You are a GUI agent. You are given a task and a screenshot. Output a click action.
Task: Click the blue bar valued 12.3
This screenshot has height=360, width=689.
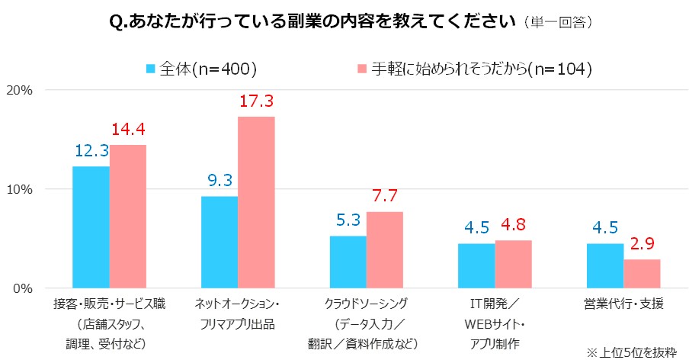(91, 227)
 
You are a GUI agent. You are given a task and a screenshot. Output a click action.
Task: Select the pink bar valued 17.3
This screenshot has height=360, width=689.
(256, 202)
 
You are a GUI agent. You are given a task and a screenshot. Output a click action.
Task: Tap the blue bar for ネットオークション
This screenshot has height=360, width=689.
(220, 242)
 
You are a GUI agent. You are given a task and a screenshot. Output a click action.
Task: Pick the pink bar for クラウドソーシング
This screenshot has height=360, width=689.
(384, 250)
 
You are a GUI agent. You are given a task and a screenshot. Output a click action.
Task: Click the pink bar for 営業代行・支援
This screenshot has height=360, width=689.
(642, 274)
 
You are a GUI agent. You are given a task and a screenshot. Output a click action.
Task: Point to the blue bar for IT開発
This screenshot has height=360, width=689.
(476, 265)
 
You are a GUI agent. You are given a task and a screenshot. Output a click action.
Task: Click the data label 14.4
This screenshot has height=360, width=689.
(128, 130)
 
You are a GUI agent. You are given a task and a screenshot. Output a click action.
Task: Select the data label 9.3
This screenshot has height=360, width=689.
(220, 181)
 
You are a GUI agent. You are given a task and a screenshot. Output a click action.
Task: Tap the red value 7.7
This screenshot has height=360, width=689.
(385, 197)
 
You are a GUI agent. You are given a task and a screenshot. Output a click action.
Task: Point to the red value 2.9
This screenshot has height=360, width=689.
(642, 244)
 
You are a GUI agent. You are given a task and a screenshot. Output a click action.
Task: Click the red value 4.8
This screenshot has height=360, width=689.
(513, 225)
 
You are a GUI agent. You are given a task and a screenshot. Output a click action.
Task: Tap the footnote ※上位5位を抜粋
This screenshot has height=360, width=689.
(630, 352)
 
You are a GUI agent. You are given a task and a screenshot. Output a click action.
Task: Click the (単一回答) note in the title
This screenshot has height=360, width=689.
(559, 22)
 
